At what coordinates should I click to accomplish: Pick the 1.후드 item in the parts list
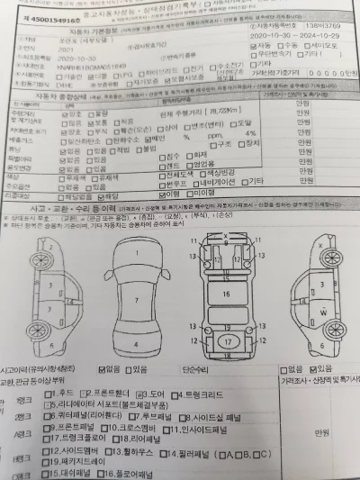[62, 393]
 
